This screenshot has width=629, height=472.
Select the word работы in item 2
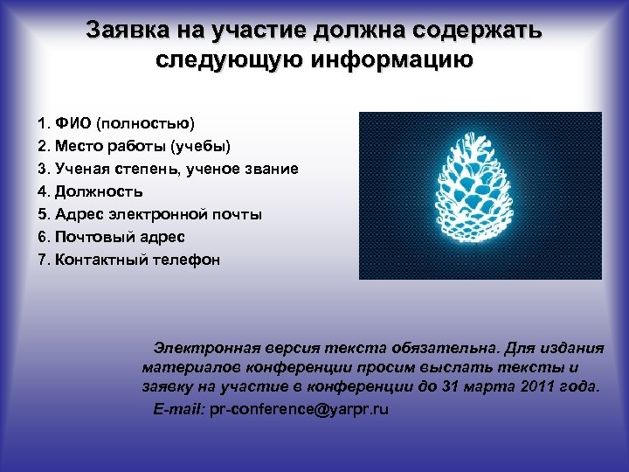pos(135,146)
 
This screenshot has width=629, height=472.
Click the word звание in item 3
pos(273,169)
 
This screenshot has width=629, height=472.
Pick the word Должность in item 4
pos(99,191)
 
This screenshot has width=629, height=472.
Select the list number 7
pos(41,260)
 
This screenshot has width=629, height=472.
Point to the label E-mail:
pos(179,408)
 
